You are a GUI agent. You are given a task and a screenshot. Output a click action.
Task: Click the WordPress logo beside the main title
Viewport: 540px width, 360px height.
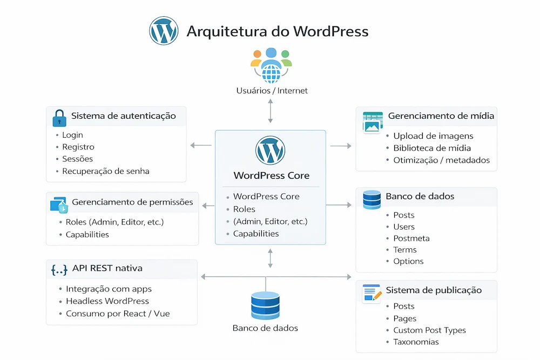tap(164, 31)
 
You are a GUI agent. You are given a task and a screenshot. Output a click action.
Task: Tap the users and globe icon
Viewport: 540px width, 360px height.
tap(271, 65)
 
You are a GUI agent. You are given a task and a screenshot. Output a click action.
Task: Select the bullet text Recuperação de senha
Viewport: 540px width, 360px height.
tap(105, 171)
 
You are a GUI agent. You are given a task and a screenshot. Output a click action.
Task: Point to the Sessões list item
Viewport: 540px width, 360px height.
tap(77, 159)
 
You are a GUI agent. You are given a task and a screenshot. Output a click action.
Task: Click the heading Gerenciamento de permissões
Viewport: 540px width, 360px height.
tap(132, 202)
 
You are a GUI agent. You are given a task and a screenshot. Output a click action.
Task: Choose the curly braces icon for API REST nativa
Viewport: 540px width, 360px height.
tap(59, 269)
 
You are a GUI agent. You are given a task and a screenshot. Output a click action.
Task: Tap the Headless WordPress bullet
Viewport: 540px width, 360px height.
tap(107, 301)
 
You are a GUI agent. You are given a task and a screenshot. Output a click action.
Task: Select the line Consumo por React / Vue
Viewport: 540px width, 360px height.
tap(117, 314)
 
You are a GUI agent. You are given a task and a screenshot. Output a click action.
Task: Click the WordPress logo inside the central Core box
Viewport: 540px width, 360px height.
tap(271, 151)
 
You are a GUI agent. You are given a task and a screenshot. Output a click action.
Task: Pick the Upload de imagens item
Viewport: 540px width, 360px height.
tap(433, 135)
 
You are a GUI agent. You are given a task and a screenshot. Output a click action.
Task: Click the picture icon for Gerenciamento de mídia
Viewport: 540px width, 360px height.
tap(373, 123)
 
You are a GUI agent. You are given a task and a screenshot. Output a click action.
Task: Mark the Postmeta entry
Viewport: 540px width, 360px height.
tap(411, 238)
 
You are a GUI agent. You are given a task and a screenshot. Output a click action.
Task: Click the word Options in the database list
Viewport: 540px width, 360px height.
tap(408, 261)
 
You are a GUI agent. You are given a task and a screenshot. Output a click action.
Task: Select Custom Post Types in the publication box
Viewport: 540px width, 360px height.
tap(429, 330)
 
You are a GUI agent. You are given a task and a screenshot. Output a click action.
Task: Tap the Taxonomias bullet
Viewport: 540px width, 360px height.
tap(416, 342)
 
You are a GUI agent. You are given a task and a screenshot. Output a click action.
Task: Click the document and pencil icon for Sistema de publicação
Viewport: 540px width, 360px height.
tap(371, 293)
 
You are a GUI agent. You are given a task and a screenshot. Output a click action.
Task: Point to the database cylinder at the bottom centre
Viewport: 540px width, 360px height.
tap(265, 305)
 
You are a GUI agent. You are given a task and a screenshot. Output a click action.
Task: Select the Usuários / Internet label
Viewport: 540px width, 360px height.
tap(272, 91)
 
